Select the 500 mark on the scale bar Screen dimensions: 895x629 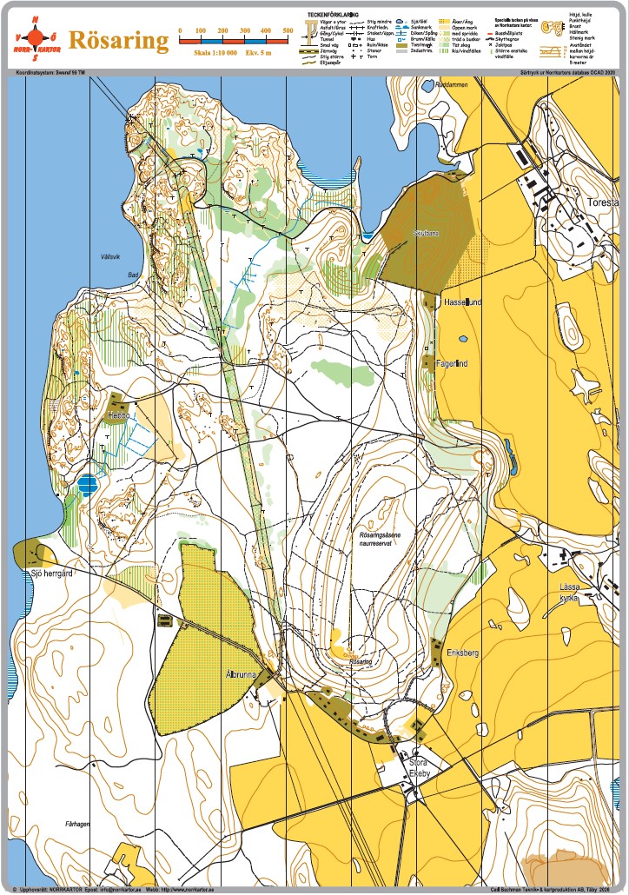point(288,31)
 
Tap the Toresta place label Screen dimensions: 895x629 point(602,202)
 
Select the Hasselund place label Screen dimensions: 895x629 point(461,302)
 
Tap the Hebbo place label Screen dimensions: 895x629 point(118,415)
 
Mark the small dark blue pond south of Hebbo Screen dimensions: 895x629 point(87,484)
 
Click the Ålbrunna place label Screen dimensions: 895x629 point(239,673)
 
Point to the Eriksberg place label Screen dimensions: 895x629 point(463,652)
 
